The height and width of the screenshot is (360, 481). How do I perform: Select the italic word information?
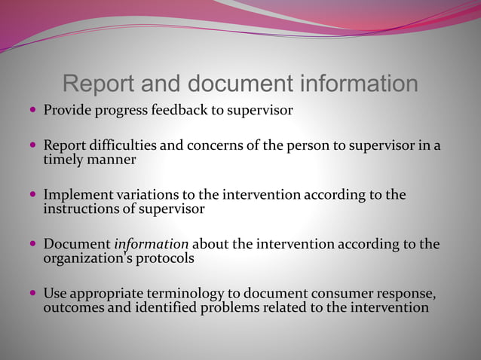coord(151,244)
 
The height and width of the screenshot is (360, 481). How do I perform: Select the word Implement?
coord(78,195)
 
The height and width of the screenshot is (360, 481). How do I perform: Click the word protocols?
coord(170,258)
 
